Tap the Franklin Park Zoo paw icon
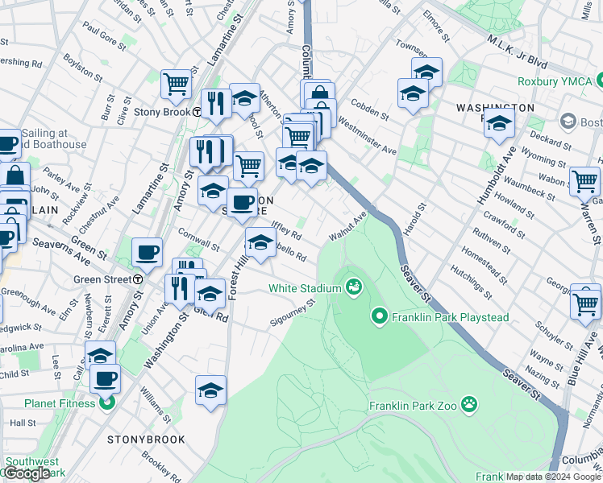[x=469, y=404]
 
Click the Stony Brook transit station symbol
[x=197, y=112]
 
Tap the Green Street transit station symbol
[x=138, y=279]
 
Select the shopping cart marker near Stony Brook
[x=176, y=84]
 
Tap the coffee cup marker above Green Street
[x=147, y=252]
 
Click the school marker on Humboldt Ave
[x=500, y=125]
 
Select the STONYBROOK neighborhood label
[x=146, y=440]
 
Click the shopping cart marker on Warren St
[x=584, y=181]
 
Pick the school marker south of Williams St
[x=210, y=390]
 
